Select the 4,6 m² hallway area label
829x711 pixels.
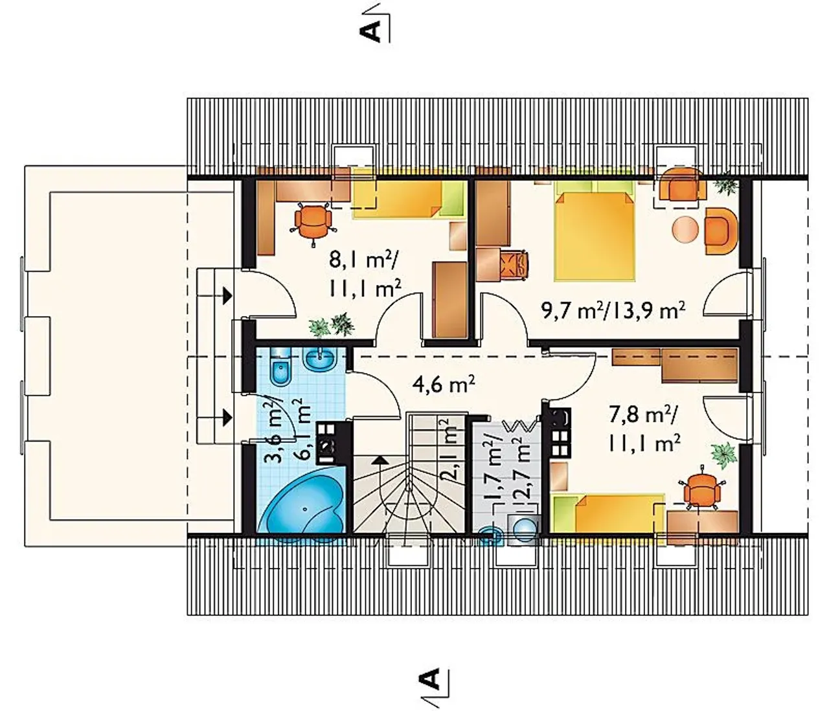click(x=444, y=385)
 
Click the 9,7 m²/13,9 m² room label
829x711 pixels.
click(x=613, y=311)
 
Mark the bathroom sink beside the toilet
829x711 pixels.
click(x=321, y=358)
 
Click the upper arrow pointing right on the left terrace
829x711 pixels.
click(x=214, y=297)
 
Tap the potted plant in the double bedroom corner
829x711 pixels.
click(x=727, y=185)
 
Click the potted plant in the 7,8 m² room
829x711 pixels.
click(x=724, y=455)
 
